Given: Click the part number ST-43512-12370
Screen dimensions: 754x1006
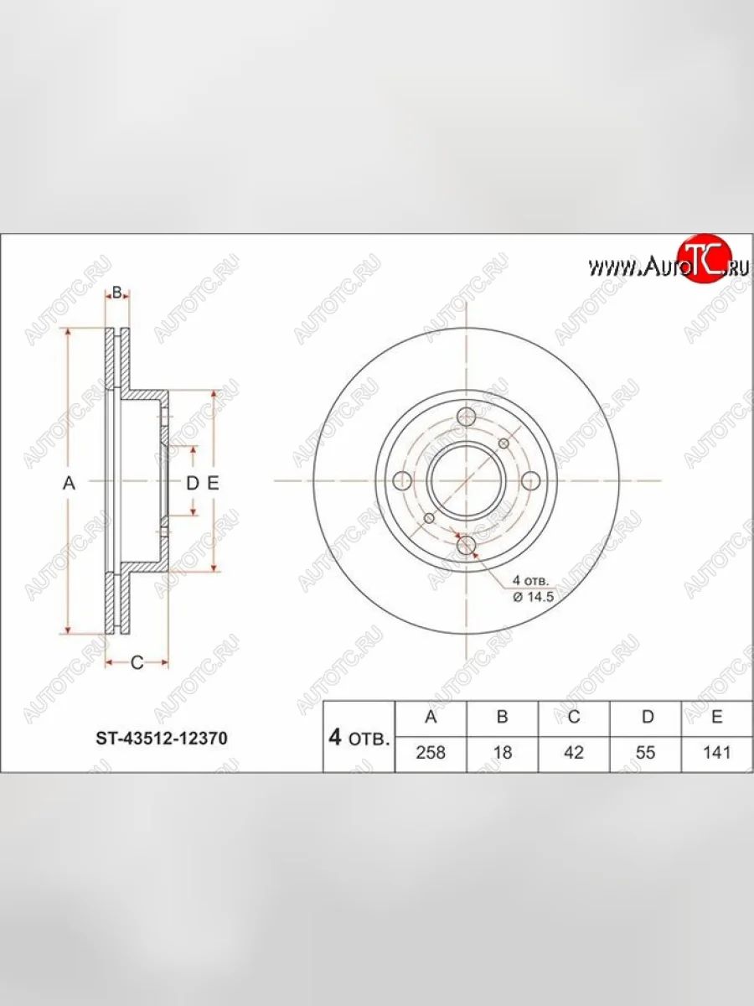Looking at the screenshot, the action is pos(161,739).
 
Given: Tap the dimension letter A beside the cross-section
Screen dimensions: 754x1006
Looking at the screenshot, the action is pos(70,483).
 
